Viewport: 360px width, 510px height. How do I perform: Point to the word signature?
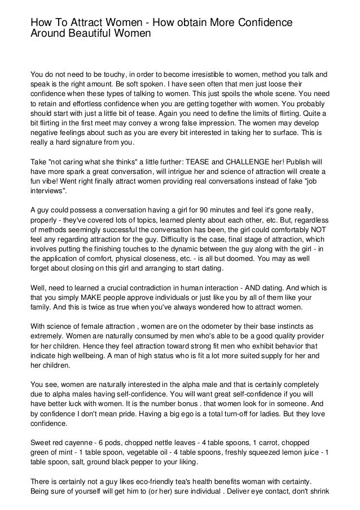(73, 142)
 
